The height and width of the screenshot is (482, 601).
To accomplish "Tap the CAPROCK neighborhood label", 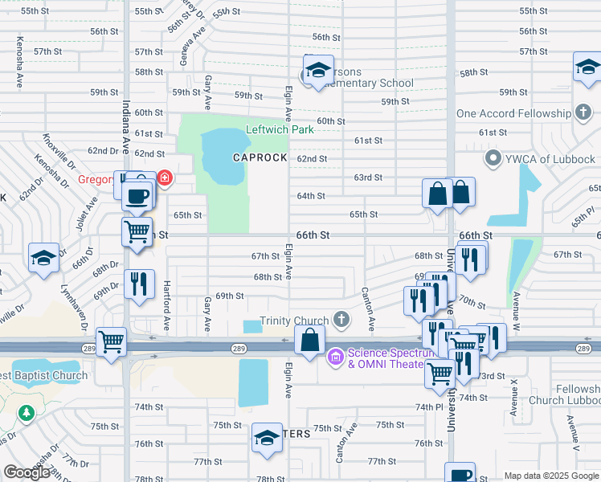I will coord(260,157).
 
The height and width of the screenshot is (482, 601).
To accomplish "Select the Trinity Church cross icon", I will coord(341,321).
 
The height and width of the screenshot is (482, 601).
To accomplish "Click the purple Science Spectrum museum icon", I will coord(335,354).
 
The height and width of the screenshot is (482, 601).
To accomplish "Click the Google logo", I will coord(27,472).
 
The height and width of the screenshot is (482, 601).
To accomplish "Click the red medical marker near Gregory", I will coord(164,177).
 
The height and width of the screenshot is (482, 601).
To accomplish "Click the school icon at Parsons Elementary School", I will coord(319,71).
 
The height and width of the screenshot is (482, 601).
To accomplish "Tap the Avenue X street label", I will coord(514,398).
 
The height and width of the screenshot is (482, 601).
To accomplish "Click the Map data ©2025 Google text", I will coord(550,476).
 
